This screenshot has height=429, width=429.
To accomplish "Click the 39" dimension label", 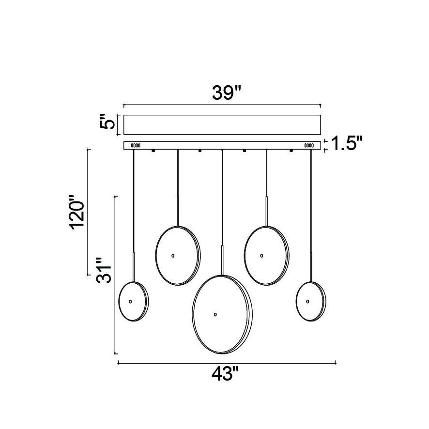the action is click(226, 93).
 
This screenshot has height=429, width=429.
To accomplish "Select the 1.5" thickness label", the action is click(347, 143).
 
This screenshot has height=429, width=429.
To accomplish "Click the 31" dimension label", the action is click(104, 270).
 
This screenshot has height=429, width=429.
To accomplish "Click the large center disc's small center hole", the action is click(215, 314).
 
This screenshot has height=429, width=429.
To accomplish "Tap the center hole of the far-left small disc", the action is click(130, 301).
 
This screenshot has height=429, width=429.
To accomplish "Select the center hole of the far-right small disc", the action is click(307, 301).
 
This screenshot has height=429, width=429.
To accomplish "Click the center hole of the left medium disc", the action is click(173, 256).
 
